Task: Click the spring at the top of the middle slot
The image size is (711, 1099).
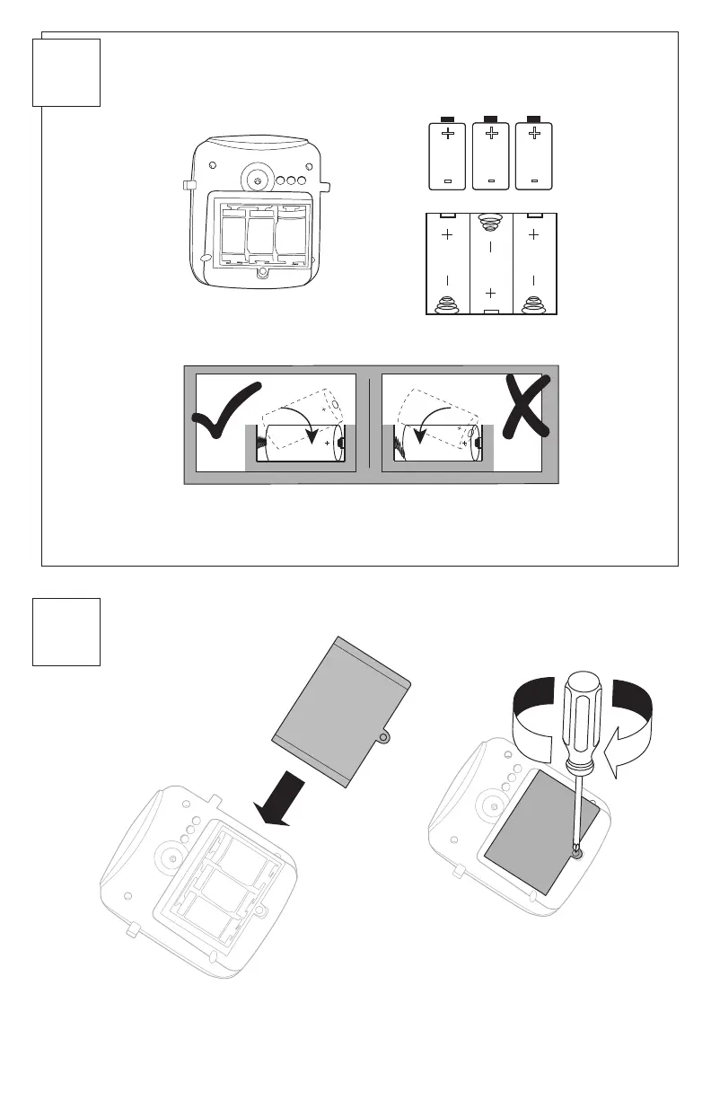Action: coord(490,220)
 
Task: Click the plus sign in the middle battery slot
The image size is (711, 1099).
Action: coord(490,293)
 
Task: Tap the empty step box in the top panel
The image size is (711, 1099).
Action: coord(66,73)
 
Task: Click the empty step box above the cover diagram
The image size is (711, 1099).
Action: coord(66,633)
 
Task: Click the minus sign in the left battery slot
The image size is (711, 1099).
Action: coord(447,279)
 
